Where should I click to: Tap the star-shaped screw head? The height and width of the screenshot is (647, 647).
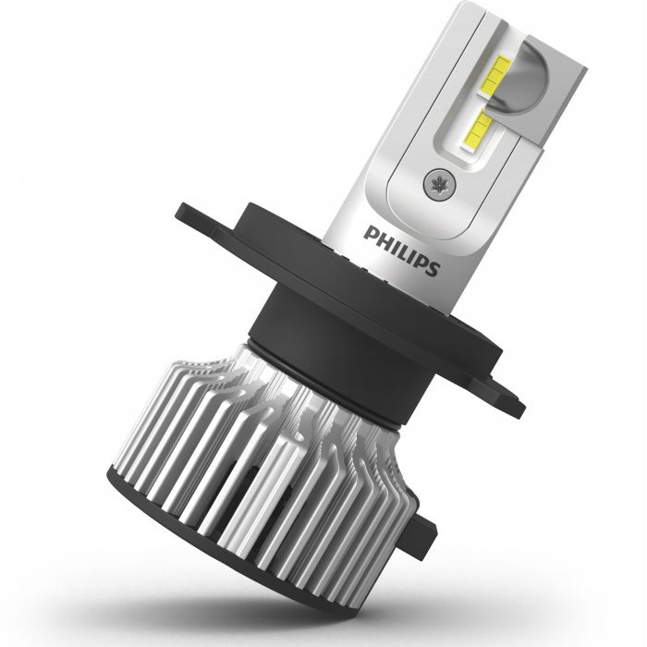tap(439, 184)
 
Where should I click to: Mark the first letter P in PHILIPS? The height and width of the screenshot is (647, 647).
tap(369, 232)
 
